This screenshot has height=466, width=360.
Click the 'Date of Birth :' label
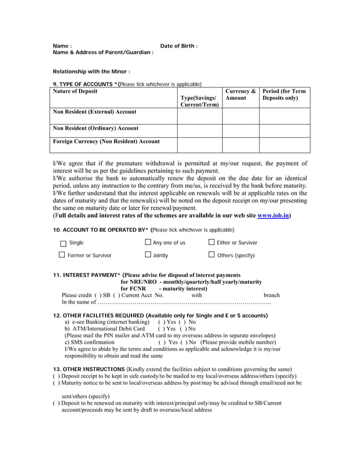179,46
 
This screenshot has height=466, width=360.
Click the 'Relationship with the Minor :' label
91,72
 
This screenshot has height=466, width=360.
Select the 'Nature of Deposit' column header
75,91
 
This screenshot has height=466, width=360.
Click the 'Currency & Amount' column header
240,94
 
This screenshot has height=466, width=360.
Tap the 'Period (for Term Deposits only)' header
284,94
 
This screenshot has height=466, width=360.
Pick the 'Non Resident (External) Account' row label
94,112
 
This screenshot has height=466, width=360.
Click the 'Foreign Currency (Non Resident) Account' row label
106,141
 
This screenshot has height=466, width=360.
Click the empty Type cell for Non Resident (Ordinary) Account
200,130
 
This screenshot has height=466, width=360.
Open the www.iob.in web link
273,215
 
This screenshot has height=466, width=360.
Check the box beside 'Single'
63,243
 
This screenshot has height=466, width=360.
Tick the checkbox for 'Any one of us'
148,243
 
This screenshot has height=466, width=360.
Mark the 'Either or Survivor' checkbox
212,243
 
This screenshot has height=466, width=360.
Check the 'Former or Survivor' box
62,255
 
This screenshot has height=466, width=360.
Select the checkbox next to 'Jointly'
148,255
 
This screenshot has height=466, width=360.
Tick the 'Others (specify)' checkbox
212,255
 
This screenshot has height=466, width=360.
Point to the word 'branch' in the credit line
271,295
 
